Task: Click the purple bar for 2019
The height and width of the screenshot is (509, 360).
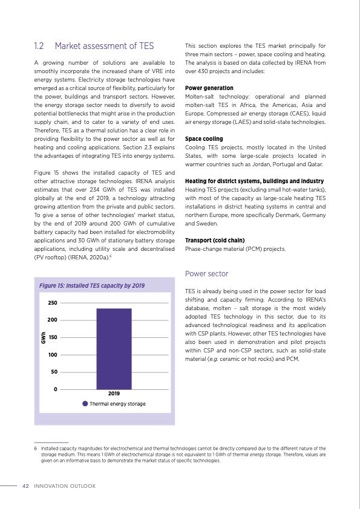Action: pyautogui.click(x=114, y=348)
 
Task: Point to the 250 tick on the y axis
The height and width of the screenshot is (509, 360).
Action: pyautogui.click(x=53, y=302)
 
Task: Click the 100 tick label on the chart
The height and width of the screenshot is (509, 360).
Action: pyautogui.click(x=53, y=354)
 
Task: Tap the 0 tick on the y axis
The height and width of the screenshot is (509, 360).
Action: pyautogui.click(x=56, y=389)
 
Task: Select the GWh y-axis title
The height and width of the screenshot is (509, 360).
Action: pyautogui.click(x=44, y=337)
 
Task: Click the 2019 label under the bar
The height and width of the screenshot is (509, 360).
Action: pyautogui.click(x=114, y=394)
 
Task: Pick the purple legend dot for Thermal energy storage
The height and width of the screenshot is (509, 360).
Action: pyautogui.click(x=85, y=403)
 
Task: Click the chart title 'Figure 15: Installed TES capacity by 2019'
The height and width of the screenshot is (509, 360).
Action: pyautogui.click(x=91, y=285)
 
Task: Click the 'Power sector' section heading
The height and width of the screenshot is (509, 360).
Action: pyautogui.click(x=206, y=273)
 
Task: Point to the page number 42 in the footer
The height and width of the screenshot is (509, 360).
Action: pyautogui.click(x=25, y=485)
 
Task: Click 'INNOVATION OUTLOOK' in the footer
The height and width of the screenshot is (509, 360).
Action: pyautogui.click(x=65, y=485)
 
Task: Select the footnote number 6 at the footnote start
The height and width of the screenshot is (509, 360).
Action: pyautogui.click(x=36, y=449)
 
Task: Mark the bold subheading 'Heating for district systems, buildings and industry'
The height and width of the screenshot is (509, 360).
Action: pyautogui.click(x=254, y=181)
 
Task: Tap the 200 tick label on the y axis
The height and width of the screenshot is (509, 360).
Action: pyautogui.click(x=53, y=320)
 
